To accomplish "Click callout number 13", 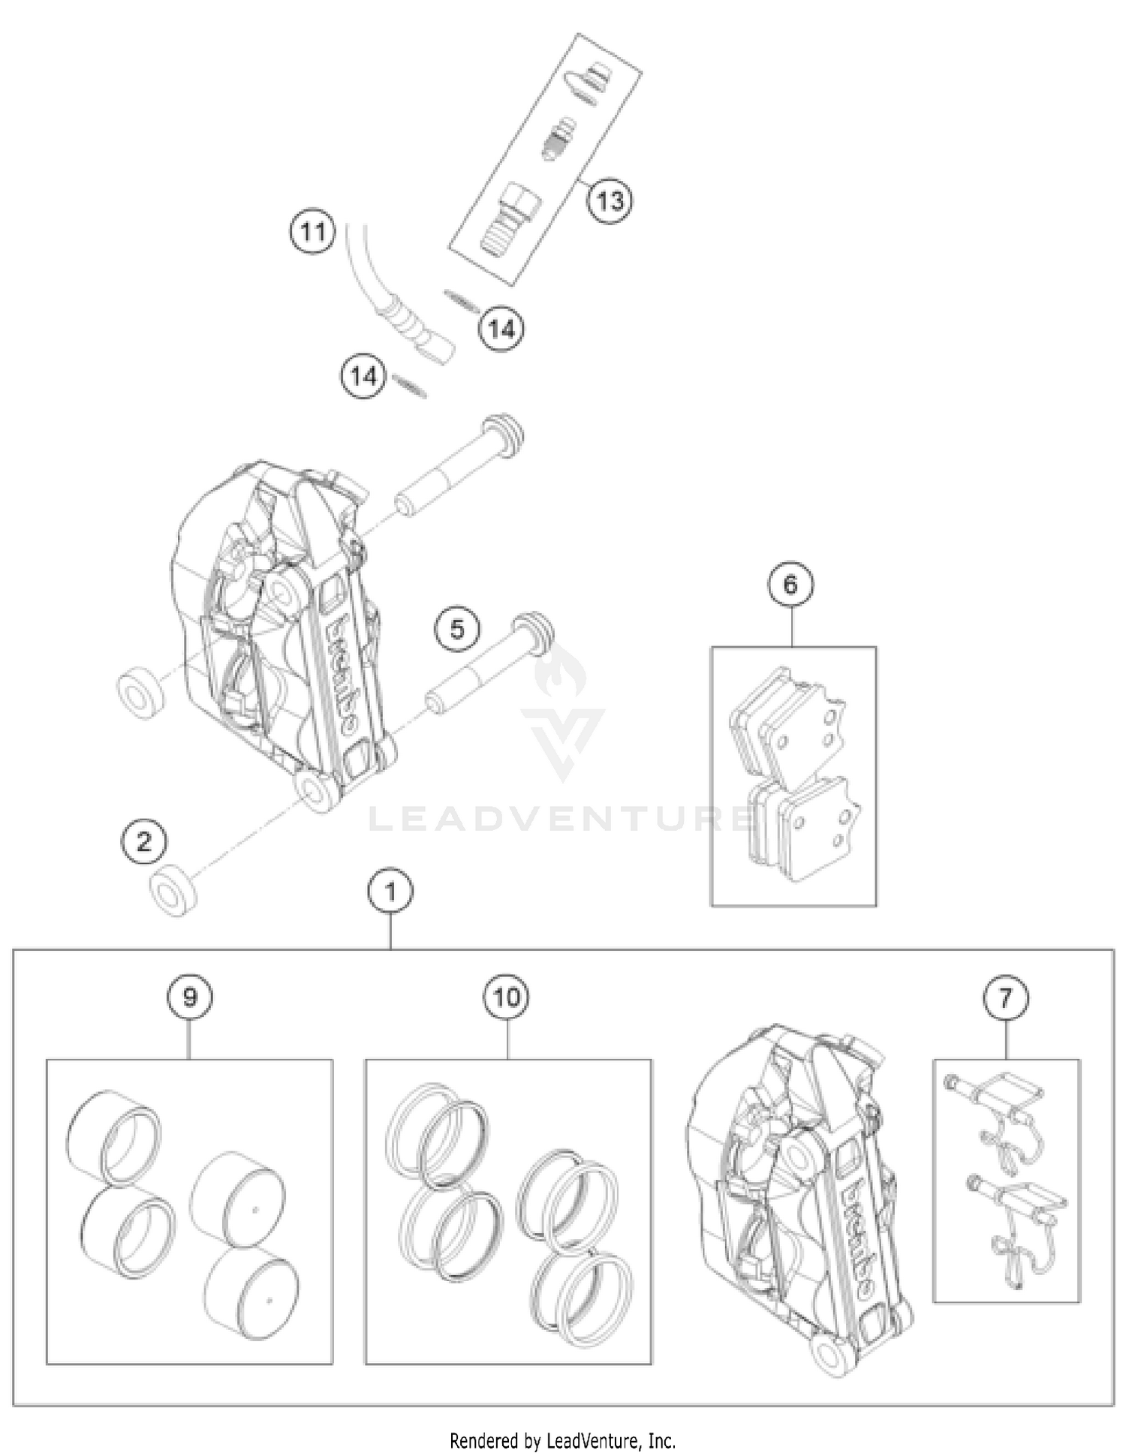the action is (610, 201).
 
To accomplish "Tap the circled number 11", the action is (312, 232).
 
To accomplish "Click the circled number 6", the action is (790, 585).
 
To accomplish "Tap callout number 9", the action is (189, 997).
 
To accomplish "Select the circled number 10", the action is (507, 997).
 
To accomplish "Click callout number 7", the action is (1006, 997).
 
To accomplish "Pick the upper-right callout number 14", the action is (502, 329).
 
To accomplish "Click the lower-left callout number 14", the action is (364, 376).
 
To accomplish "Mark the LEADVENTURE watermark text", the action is (563, 817).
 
